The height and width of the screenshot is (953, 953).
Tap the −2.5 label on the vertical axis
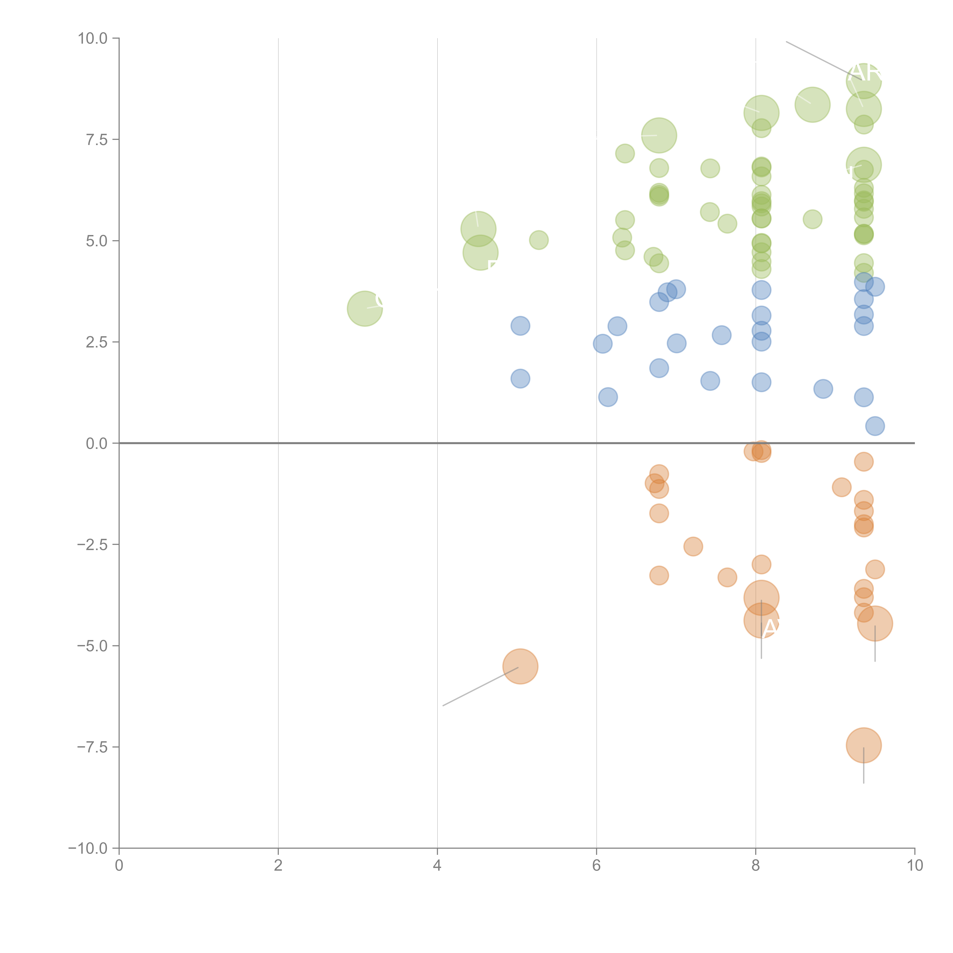coord(92,545)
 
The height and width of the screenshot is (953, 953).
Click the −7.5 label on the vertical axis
coord(92,747)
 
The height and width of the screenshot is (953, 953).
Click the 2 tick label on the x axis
coord(278,866)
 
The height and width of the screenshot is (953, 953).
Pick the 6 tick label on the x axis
coord(596,866)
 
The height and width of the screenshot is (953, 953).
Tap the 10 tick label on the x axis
coord(914,866)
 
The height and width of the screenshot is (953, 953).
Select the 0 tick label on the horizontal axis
coord(119,866)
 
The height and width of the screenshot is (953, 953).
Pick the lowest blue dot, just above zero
coord(875,426)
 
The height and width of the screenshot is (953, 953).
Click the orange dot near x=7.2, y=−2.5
coord(693,546)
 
